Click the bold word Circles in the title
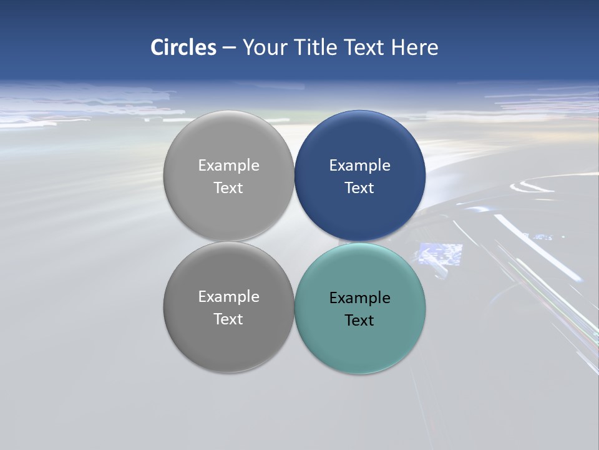[183, 47]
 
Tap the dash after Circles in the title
[229, 48]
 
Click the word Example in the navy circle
[359, 166]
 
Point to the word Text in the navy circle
[359, 188]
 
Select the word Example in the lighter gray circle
[228, 166]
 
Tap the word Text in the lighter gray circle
[228, 188]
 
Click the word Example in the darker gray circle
[228, 297]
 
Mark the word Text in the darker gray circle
[228, 319]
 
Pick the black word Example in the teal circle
[359, 298]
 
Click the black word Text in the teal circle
[359, 321]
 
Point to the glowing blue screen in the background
[440, 254]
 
